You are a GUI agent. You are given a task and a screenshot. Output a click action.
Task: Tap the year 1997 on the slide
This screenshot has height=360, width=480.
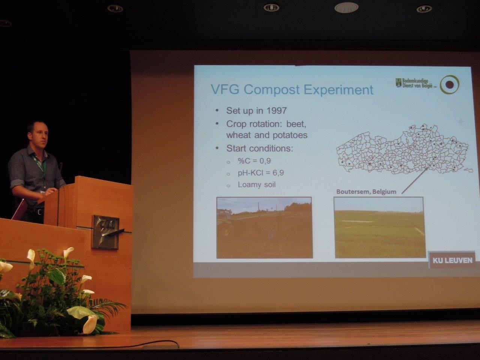coord(276,111)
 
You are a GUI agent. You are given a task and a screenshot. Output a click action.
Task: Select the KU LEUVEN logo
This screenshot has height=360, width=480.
coord(452,260)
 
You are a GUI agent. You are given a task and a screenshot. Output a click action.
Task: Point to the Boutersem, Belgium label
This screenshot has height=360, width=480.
coord(366,192)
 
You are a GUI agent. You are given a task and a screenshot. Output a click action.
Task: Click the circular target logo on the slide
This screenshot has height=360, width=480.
coord(449,84)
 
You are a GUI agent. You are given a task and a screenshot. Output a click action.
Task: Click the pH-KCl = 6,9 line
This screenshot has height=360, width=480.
coord(261,173)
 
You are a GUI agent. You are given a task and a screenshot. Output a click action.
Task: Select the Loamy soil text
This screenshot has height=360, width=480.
coord(256,185)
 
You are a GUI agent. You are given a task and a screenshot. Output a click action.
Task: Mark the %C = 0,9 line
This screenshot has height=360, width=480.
coord(254,161)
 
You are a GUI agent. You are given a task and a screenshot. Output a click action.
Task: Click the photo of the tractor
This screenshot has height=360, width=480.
coord(264,228)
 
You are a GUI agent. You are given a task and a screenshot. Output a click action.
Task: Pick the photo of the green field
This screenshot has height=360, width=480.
coord(379,227)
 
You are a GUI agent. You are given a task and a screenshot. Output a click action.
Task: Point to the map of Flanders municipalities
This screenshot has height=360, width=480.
coord(404,149)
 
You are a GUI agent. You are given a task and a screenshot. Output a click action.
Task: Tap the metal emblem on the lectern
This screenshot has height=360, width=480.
coord(106,232)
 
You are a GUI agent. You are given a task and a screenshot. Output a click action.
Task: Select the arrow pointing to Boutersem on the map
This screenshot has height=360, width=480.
coord(415,180)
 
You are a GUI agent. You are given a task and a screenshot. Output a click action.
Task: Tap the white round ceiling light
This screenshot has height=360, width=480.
coord(346,7)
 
